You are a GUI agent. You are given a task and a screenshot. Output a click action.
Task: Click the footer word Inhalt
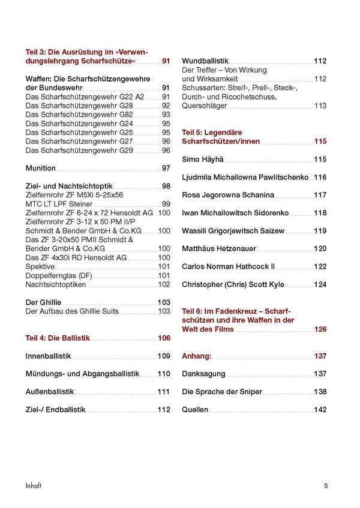[33, 485]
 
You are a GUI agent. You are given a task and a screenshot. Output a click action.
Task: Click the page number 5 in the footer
[326, 485]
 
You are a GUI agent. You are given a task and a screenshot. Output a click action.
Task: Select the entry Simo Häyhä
[202, 160]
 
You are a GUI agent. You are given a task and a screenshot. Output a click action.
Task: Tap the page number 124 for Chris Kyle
[320, 284]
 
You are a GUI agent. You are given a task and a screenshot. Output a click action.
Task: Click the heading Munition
[41, 169]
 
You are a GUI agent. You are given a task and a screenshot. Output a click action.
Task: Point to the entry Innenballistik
[49, 356]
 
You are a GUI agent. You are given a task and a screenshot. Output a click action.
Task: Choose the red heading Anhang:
[197, 356]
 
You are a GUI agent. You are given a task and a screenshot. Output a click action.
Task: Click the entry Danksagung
[203, 374]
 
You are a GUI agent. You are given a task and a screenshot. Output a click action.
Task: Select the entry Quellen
[195, 410]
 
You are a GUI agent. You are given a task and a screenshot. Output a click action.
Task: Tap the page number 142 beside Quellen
[320, 410]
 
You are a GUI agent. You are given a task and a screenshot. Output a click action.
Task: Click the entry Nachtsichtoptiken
[56, 285]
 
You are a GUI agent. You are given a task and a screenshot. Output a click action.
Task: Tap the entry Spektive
[40, 267]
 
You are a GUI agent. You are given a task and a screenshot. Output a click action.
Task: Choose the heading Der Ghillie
[43, 302]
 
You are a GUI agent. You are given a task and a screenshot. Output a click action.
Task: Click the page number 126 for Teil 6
[320, 329]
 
